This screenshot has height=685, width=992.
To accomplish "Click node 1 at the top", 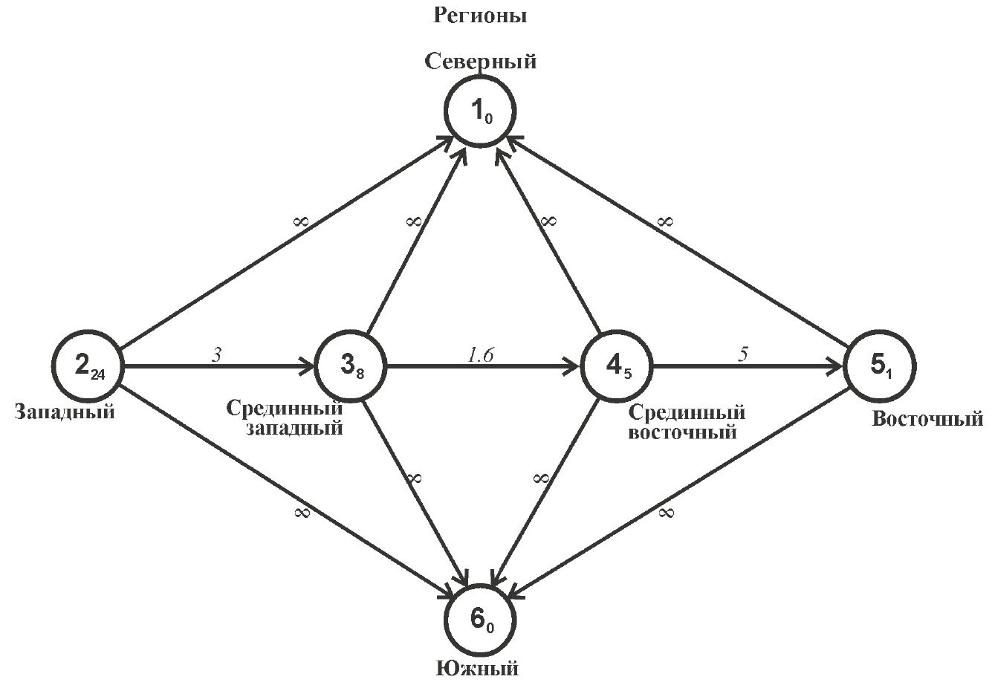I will [x=480, y=113].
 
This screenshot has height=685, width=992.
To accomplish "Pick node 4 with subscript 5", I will [x=616, y=366].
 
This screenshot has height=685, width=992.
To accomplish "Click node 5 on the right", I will [x=881, y=366].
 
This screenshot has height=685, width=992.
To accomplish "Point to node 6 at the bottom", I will [x=480, y=618].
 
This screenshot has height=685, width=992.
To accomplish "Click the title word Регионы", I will [x=480, y=16].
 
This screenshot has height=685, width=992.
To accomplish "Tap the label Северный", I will [x=480, y=61].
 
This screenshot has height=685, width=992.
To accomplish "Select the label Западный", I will [x=65, y=411].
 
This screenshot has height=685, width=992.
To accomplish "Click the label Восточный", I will [x=927, y=418].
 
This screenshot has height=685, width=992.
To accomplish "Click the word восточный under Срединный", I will [x=682, y=430].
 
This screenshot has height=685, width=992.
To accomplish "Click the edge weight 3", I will [x=216, y=355].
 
